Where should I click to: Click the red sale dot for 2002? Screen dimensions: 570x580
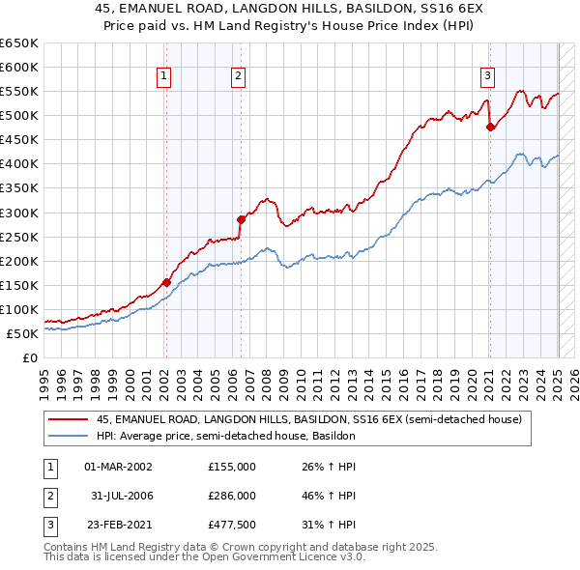pyautogui.click(x=166, y=282)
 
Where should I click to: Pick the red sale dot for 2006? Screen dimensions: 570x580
pyautogui.click(x=241, y=219)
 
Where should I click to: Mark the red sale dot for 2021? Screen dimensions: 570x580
pyautogui.click(x=490, y=127)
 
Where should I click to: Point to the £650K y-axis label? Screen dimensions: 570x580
pyautogui.click(x=19, y=43)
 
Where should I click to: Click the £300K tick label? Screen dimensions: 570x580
pyautogui.click(x=19, y=213)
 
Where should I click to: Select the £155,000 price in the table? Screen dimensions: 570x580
pyautogui.click(x=232, y=466)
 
